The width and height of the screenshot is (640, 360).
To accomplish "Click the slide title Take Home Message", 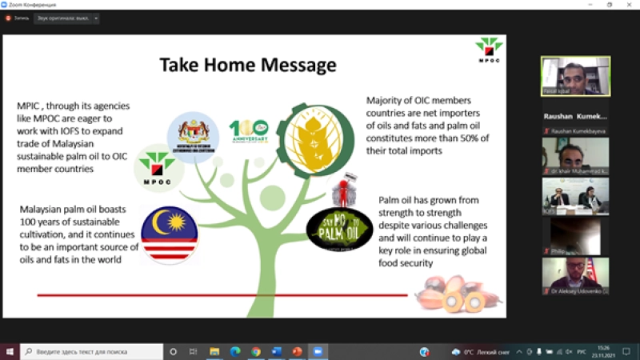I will [247, 64].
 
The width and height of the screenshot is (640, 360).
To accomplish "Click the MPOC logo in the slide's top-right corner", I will [488, 50].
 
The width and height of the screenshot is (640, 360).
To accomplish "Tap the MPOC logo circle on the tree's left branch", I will [156, 169].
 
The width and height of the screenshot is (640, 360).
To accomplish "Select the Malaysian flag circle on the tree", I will [169, 234].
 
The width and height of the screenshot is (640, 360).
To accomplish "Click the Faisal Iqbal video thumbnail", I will [574, 76].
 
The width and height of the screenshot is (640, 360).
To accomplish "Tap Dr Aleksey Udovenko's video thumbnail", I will [574, 275].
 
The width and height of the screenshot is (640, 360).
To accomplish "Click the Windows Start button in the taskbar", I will [10, 351].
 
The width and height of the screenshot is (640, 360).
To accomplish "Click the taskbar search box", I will [92, 351].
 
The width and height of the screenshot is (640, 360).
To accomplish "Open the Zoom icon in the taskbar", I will [318, 351].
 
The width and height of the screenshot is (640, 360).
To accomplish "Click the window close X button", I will [629, 5].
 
